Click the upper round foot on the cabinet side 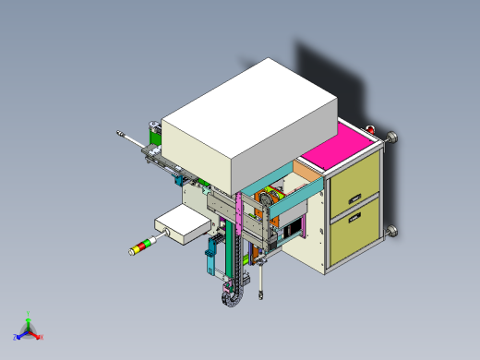[394, 139]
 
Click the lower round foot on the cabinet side [393, 230]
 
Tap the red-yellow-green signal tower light [142, 246]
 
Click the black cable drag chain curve [228, 294]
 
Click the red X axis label [42, 337]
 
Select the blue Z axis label [16, 337]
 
